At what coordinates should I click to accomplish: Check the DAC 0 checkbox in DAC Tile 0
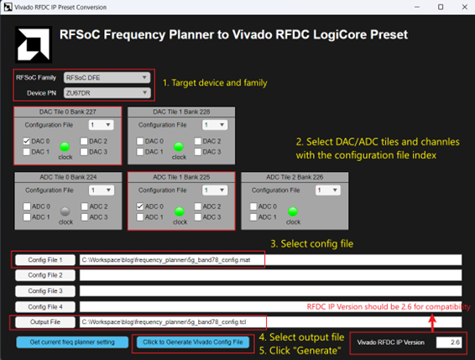tap(27, 141)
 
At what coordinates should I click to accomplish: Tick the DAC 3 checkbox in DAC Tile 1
tap(197, 151)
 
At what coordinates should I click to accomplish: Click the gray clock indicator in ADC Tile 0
tap(65, 211)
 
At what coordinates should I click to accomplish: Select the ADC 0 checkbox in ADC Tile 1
tap(141, 206)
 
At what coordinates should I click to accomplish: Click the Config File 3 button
tap(44, 290)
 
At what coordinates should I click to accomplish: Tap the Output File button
tap(44, 321)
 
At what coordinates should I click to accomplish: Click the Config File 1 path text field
tap(269, 260)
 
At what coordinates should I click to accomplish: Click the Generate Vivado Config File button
tap(192, 342)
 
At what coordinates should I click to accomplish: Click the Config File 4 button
tap(44, 306)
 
